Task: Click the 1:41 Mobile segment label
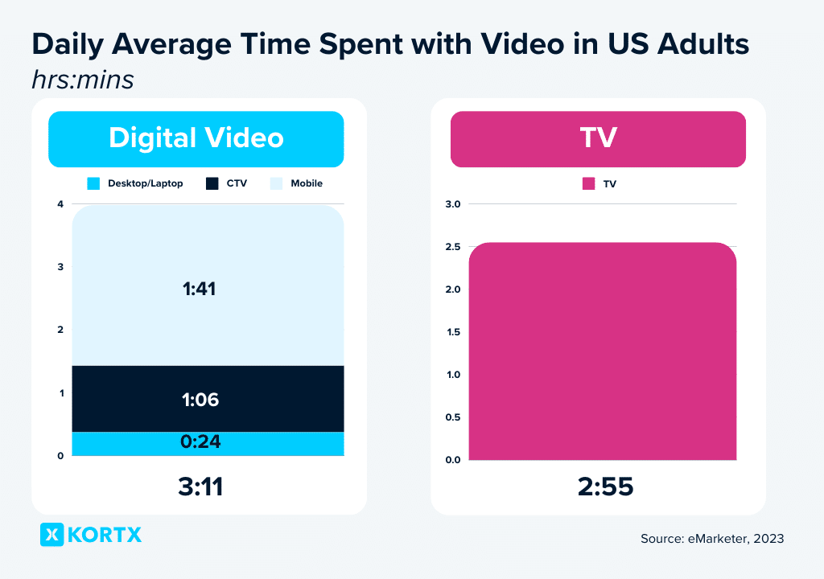pyautogui.click(x=200, y=289)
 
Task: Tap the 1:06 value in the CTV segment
pyautogui.click(x=200, y=400)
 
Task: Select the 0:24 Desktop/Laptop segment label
pyautogui.click(x=200, y=441)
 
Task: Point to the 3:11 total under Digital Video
pyautogui.click(x=200, y=487)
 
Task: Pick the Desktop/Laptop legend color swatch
pyautogui.click(x=93, y=183)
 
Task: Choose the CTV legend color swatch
pyautogui.click(x=212, y=183)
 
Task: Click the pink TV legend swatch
pyautogui.click(x=588, y=183)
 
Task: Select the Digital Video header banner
pyautogui.click(x=196, y=138)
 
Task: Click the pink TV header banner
pyautogui.click(x=598, y=138)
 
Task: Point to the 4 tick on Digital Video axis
pyautogui.click(x=60, y=204)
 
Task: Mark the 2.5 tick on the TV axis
pyautogui.click(x=452, y=247)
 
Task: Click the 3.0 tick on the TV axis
pyautogui.click(x=452, y=204)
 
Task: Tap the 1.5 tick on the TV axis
pyautogui.click(x=452, y=332)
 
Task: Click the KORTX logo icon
pyautogui.click(x=51, y=535)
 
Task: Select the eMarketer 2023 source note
pyautogui.click(x=712, y=539)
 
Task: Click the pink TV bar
pyautogui.click(x=602, y=354)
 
